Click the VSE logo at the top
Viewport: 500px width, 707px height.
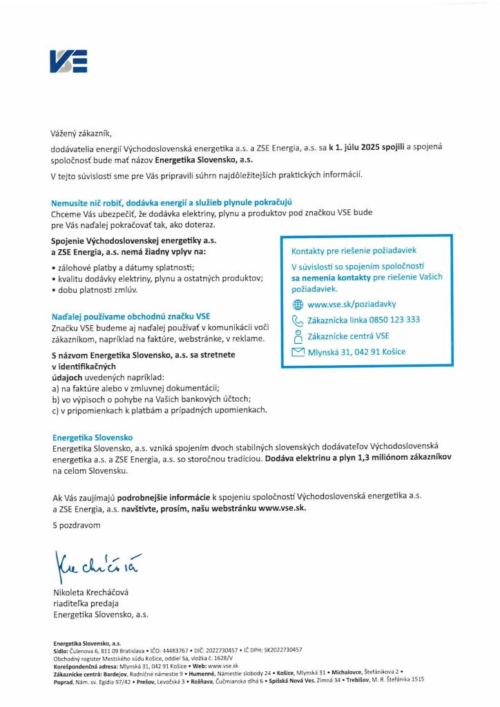tap(68, 62)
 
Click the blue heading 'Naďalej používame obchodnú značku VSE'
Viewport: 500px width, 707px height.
tap(131, 316)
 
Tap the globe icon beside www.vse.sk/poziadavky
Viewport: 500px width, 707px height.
tap(298, 304)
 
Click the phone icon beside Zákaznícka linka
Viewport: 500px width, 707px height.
tap(298, 320)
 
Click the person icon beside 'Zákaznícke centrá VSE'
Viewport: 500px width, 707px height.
tap(298, 336)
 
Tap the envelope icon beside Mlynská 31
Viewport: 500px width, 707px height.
tap(298, 352)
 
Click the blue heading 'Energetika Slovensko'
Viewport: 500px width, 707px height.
tap(93, 437)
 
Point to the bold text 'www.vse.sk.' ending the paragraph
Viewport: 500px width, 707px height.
tap(282, 508)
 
